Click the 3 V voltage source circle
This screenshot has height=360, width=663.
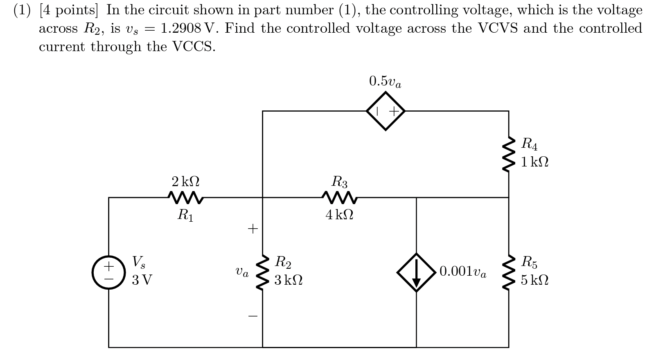pyautogui.click(x=108, y=272)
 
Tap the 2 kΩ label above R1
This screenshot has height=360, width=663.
pyautogui.click(x=185, y=181)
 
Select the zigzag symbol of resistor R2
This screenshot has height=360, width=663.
pyautogui.click(x=263, y=272)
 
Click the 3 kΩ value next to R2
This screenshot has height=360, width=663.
pyautogui.click(x=289, y=280)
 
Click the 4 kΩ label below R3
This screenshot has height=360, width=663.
pyautogui.click(x=339, y=215)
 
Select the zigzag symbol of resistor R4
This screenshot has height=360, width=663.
pyautogui.click(x=509, y=155)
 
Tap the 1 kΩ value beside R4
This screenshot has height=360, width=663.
pyautogui.click(x=534, y=162)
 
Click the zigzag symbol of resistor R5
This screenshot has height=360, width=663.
pyautogui.click(x=509, y=272)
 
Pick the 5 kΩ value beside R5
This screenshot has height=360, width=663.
pyautogui.click(x=534, y=281)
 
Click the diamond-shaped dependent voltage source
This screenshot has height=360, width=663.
pyautogui.click(x=386, y=111)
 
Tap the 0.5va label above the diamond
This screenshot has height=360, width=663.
pyautogui.click(x=385, y=82)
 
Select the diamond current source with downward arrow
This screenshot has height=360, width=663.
pyautogui.click(x=416, y=272)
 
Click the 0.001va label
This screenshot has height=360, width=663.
pyautogui.click(x=463, y=272)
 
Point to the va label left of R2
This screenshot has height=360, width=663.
pyautogui.click(x=242, y=272)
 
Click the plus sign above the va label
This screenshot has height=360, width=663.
pyautogui.click(x=253, y=228)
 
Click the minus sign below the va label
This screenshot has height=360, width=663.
pyautogui.click(x=253, y=316)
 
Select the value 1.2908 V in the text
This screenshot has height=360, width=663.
pyautogui.click(x=187, y=29)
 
